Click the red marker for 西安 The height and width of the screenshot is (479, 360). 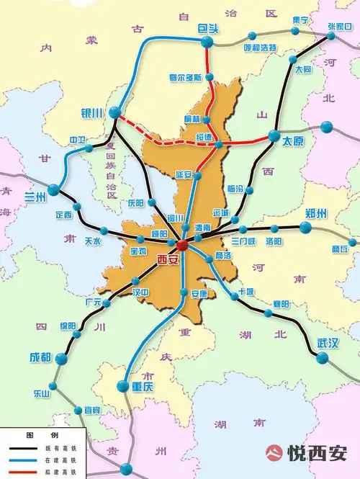pyautogui.click(x=182, y=246)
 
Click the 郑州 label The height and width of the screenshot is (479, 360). pyautogui.click(x=316, y=213)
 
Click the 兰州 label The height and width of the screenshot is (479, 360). pyautogui.click(x=35, y=196)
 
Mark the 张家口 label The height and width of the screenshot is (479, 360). pyautogui.click(x=339, y=26)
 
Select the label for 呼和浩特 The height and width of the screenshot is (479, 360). pyautogui.click(x=260, y=48)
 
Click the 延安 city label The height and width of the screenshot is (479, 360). pyautogui.click(x=184, y=174)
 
